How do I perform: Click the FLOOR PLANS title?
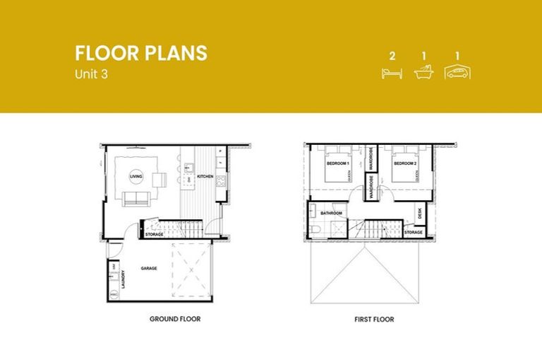tap(141, 53)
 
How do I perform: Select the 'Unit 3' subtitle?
tap(94, 73)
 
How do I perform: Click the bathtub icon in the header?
tap(424, 71)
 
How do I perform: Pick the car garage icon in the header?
tap(457, 71)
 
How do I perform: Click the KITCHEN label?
tap(205, 176)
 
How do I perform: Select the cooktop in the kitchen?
tap(220, 181)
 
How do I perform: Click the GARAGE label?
tap(148, 269)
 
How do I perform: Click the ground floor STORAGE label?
tap(155, 234)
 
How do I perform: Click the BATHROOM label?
tap(332, 213)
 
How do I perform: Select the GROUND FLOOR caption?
tap(174, 319)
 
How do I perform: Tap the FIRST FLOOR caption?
tap(374, 319)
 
